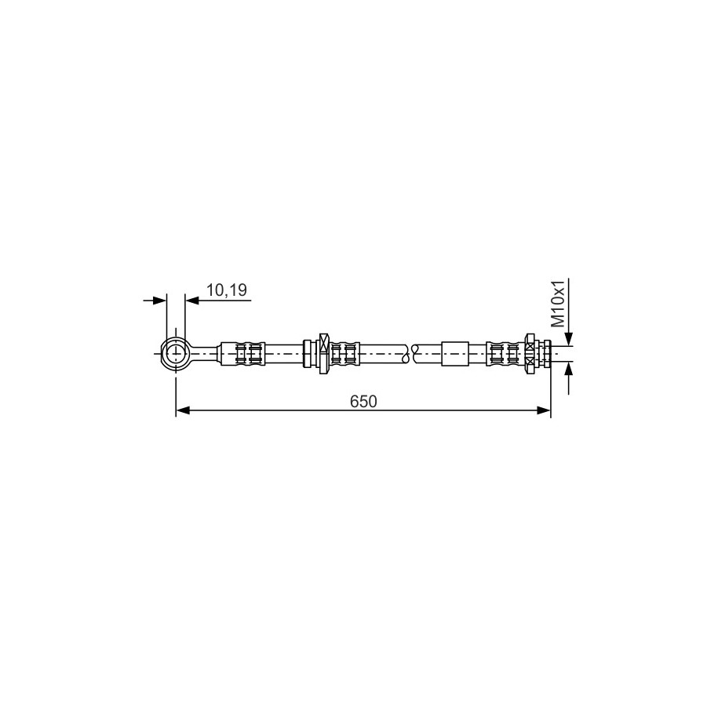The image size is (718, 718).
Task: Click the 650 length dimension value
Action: tap(363, 401)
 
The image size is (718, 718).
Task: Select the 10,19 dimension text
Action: tap(226, 290)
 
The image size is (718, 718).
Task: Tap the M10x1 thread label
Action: tap(557, 304)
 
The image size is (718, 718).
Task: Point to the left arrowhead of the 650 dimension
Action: tap(183, 410)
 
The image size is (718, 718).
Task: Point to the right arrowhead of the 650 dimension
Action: tap(544, 410)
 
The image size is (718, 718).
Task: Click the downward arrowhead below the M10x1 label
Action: tap(568, 338)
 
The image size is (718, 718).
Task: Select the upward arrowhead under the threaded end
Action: tap(568, 369)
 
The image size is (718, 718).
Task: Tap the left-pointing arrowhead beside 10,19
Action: tap(192, 301)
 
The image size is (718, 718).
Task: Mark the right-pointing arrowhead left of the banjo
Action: tap(159, 301)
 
